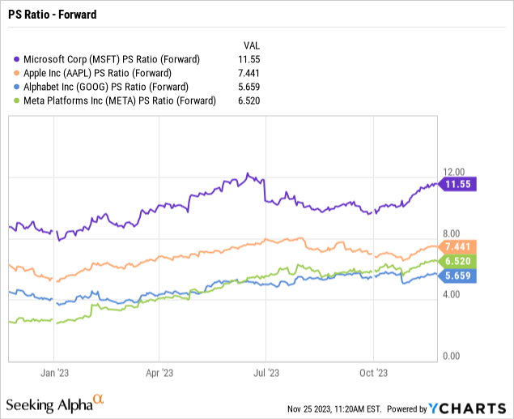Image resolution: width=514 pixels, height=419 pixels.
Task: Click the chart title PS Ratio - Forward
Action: [x=49, y=15]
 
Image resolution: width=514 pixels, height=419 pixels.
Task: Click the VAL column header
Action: [x=252, y=45]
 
